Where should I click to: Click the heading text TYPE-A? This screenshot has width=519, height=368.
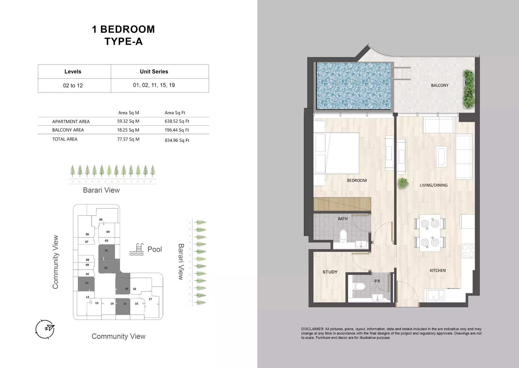(x=123, y=41)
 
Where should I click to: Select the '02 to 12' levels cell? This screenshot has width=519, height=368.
(x=73, y=86)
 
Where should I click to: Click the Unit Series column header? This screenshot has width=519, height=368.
(x=154, y=72)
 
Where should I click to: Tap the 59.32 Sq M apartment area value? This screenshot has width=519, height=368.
(x=128, y=121)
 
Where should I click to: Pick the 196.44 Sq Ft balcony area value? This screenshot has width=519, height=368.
(x=177, y=130)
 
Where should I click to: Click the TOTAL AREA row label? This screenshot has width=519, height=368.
(x=65, y=139)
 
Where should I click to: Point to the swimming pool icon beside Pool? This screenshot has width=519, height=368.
(x=136, y=249)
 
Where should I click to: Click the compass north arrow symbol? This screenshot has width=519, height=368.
(x=45, y=329)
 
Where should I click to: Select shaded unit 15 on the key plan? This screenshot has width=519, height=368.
(x=123, y=306)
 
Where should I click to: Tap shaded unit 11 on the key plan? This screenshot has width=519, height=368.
(x=86, y=284)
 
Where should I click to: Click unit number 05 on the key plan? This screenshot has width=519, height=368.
(x=101, y=220)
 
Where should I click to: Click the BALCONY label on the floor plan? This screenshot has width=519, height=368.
(x=439, y=85)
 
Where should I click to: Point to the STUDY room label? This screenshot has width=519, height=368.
(x=330, y=272)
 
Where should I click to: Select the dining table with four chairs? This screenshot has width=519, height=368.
(x=430, y=233)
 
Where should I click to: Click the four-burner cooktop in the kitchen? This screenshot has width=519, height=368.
(x=468, y=251)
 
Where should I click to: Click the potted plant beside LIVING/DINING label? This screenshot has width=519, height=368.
(x=403, y=183)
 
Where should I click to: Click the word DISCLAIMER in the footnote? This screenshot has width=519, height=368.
(x=312, y=329)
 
